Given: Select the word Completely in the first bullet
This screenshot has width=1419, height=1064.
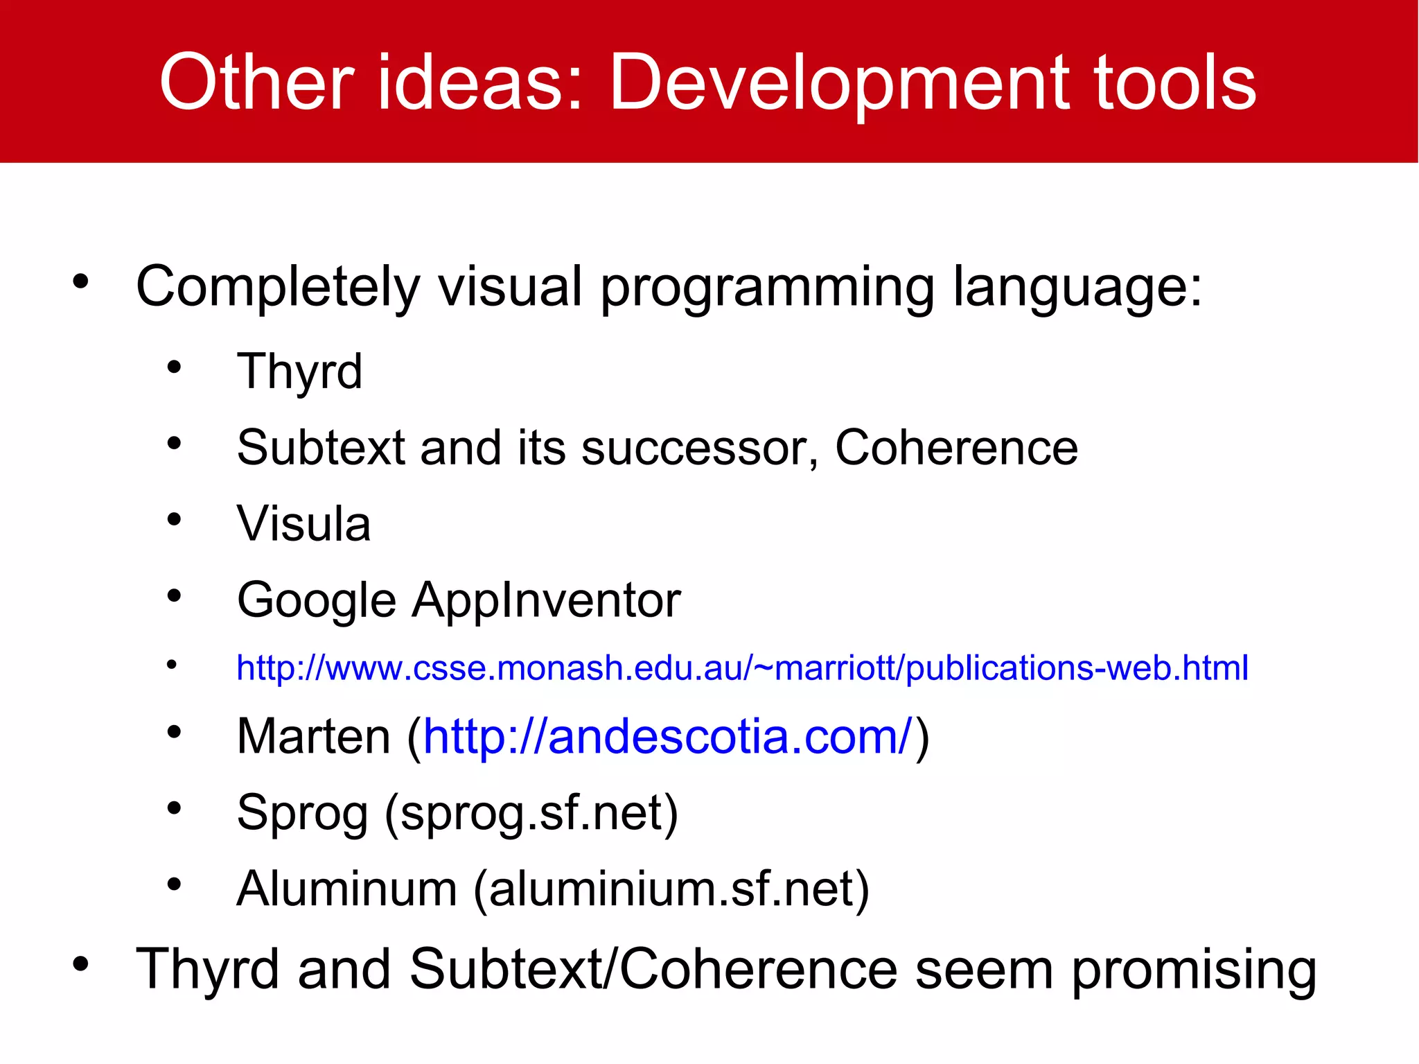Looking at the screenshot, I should (278, 287).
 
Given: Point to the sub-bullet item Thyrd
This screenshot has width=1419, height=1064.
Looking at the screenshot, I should (299, 372).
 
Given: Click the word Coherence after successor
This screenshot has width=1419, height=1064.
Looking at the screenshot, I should (956, 448).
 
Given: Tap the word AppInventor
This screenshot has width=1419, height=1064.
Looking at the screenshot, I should (547, 600).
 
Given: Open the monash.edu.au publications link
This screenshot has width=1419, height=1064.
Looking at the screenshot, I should (742, 668).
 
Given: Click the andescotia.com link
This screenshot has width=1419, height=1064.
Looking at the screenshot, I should (669, 736).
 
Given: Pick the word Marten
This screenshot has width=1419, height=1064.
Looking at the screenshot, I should (313, 736).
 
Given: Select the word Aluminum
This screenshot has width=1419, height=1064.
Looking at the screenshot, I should (346, 889).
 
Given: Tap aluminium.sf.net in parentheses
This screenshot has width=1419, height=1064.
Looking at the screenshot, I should (671, 889).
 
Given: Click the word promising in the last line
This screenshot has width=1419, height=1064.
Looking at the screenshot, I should (1194, 970).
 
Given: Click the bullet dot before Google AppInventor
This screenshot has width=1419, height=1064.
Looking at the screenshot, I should (174, 595).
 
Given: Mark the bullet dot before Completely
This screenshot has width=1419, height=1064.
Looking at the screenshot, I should (81, 281).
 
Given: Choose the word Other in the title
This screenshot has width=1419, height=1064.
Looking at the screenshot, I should (257, 83).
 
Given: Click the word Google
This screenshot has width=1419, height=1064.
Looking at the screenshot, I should (316, 600).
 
